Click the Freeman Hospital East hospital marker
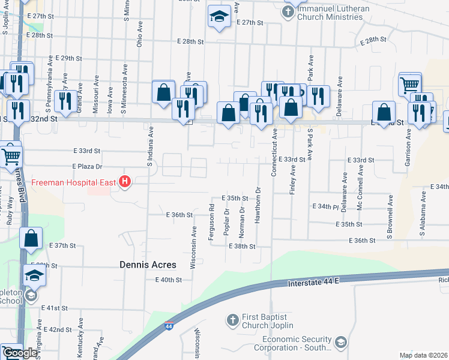125,181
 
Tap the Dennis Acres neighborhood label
148,265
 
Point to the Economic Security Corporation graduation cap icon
340,343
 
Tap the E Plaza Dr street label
87,166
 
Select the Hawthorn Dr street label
258,207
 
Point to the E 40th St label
168,280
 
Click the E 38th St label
242,247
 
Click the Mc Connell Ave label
361,187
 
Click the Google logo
19,353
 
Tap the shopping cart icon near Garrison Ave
410,85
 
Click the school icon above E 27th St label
219,17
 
